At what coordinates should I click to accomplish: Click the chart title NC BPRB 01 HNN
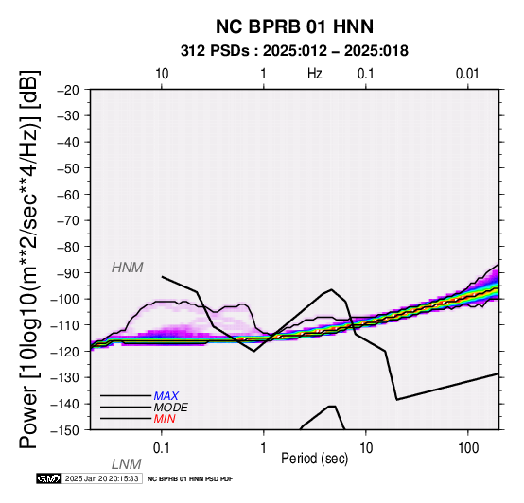(x=294, y=26)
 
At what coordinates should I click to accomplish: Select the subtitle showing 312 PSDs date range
(x=294, y=51)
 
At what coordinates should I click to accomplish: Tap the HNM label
(x=128, y=268)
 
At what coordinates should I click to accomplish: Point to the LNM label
(x=127, y=464)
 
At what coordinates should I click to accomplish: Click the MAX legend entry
(x=166, y=396)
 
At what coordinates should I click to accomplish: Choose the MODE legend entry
(x=171, y=408)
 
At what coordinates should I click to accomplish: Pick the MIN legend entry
(x=165, y=419)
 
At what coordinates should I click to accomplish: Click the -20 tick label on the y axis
(x=68, y=90)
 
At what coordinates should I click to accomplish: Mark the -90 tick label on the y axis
(x=68, y=273)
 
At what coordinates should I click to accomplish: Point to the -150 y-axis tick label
(x=65, y=430)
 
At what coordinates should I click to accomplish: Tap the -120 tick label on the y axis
(x=65, y=352)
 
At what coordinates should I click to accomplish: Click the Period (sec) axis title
(x=314, y=459)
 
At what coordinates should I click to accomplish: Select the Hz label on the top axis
(x=315, y=74)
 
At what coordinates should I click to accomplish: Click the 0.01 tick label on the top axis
(x=467, y=74)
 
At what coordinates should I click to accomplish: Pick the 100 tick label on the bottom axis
(x=468, y=448)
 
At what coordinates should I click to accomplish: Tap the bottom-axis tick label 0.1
(x=162, y=448)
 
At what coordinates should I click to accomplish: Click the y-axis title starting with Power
(x=28, y=260)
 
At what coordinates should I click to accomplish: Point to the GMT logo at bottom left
(x=49, y=478)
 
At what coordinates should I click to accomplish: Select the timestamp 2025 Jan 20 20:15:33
(x=101, y=478)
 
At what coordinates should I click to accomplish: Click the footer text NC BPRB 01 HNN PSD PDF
(x=190, y=479)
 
